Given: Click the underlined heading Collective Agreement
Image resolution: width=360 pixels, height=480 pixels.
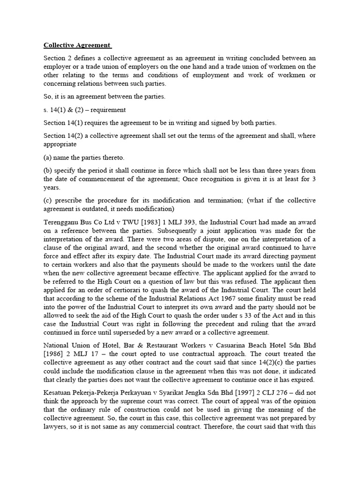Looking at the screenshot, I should click(77, 45).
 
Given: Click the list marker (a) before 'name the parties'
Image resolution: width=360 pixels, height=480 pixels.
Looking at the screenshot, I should click(49, 157).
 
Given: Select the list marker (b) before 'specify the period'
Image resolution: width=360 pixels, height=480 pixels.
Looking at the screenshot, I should click(49, 171).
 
